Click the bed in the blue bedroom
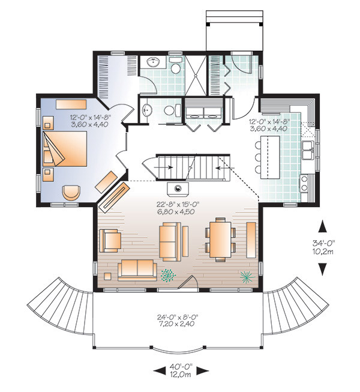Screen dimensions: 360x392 (65, 149)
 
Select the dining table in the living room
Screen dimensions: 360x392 (220, 240)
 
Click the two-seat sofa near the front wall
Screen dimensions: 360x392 (137, 270)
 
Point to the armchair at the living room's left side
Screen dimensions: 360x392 (110, 241)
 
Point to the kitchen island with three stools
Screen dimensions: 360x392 (270, 157)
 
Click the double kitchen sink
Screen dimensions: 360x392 (308, 150)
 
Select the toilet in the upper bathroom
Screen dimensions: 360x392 (176, 65)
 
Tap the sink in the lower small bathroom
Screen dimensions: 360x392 (147, 110)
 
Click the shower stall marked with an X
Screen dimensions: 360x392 (196, 75)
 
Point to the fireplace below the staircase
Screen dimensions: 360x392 (178, 188)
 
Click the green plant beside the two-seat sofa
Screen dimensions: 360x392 (168, 275)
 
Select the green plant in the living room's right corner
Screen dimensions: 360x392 (247, 277)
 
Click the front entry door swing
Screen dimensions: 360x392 (188, 282)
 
